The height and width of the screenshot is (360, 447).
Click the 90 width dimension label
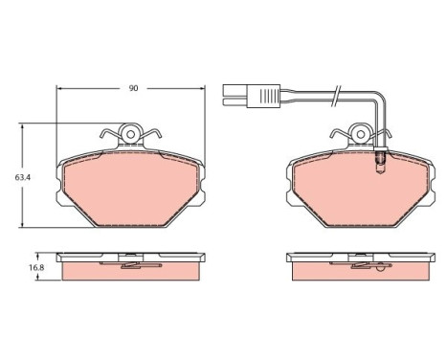[x=133, y=88]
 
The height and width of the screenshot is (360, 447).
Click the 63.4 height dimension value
[x=23, y=177]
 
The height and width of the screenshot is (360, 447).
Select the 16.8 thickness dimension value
[x=36, y=267]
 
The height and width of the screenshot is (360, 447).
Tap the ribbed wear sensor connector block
[x=263, y=96]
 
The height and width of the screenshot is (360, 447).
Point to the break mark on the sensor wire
[x=336, y=96]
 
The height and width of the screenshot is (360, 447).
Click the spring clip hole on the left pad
[x=130, y=134]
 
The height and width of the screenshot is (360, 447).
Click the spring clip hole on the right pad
[x=361, y=134]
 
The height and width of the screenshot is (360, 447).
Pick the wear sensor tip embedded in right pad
[x=380, y=163]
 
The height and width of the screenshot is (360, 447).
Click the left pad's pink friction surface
[x=131, y=189]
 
